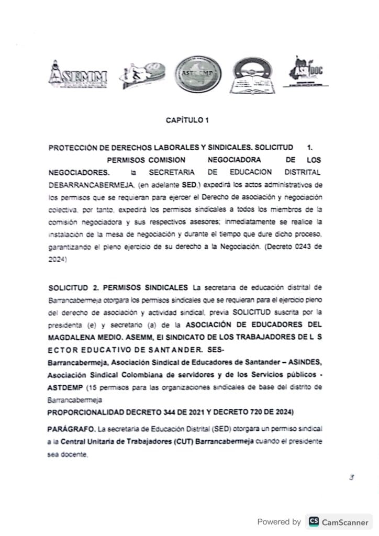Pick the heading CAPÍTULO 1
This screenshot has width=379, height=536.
pos(187,120)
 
